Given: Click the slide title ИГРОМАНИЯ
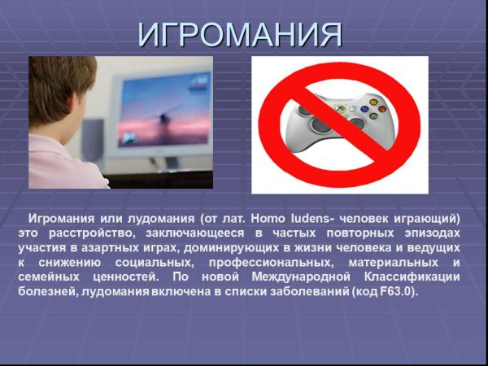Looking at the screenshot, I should click(x=240, y=34).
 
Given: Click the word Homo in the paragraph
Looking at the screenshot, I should click(x=269, y=219).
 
